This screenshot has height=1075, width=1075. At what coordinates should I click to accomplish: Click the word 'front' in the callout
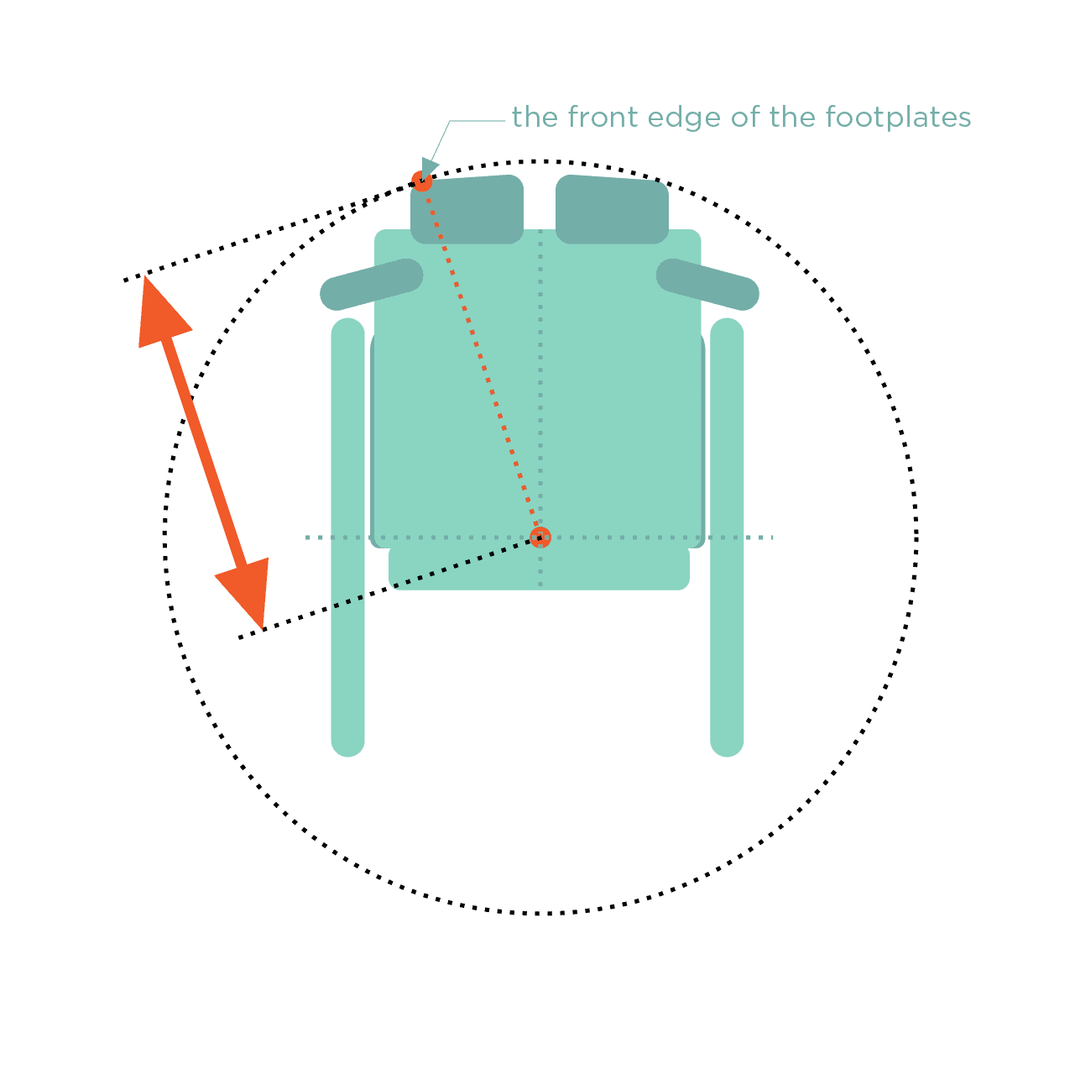click(x=602, y=118)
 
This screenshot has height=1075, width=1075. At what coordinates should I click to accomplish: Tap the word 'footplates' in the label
click(x=898, y=118)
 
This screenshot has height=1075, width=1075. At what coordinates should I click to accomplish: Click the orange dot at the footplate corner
click(x=422, y=181)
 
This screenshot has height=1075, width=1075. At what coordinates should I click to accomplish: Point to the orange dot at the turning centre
click(x=540, y=537)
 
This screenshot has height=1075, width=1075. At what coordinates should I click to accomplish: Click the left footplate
click(x=467, y=209)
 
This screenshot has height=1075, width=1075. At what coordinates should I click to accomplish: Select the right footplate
click(x=612, y=209)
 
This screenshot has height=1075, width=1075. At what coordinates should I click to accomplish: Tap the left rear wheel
click(x=347, y=537)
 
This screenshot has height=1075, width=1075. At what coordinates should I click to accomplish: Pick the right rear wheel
click(x=727, y=537)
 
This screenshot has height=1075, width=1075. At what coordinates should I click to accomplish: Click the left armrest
click(x=372, y=284)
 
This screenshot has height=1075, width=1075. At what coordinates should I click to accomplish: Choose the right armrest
click(x=707, y=284)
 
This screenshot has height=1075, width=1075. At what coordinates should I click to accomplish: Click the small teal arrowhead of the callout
click(x=429, y=167)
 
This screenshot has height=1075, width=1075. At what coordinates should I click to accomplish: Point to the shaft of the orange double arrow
click(x=204, y=453)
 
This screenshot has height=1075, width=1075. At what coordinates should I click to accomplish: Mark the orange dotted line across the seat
click(x=481, y=359)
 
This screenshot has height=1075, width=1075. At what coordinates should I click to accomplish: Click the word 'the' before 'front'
click(x=535, y=118)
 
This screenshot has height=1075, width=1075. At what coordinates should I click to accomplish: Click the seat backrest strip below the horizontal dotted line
click(x=539, y=569)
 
